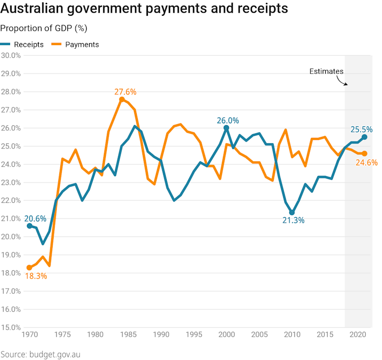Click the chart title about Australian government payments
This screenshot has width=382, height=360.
point(144,9)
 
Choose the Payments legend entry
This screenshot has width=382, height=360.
point(75,45)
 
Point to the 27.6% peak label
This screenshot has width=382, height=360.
point(125,92)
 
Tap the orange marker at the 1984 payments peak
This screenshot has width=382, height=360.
point(122,99)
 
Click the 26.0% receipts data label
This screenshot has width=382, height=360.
point(228,121)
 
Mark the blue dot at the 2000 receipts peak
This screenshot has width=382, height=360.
point(226,128)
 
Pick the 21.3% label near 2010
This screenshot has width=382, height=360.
point(294,220)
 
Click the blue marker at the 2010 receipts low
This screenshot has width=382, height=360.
point(292,213)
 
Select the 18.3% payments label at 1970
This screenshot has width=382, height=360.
point(35,276)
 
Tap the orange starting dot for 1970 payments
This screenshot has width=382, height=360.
point(29,268)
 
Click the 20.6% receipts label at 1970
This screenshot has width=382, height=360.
point(35,219)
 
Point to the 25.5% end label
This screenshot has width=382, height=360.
point(361,129)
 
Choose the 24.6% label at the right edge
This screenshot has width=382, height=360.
point(366,163)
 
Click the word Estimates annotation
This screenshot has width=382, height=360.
point(326,71)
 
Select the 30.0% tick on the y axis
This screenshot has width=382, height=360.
point(11,55)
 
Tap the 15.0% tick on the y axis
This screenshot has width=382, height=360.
point(11,327)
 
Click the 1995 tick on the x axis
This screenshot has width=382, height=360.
point(194,335)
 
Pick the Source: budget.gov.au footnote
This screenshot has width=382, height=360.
point(40,354)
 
